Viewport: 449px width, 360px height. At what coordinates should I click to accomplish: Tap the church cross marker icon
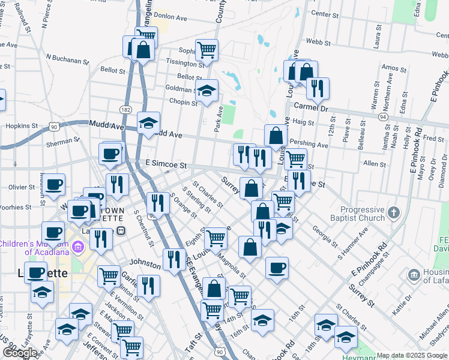click(x=393, y=212)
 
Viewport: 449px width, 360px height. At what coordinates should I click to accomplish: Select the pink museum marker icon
click(x=77, y=247)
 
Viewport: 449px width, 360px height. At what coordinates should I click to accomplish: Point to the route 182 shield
click(x=125, y=109)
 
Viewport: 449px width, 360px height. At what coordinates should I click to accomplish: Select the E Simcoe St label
click(x=166, y=164)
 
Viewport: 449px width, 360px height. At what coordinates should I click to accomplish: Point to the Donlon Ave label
click(x=170, y=17)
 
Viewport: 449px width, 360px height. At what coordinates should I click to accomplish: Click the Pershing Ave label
click(x=309, y=145)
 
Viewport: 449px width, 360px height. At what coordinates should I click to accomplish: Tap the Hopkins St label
click(x=22, y=126)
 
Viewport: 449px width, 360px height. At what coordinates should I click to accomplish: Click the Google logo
click(x=20, y=353)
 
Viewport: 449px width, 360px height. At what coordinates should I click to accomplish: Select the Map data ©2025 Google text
click(x=412, y=355)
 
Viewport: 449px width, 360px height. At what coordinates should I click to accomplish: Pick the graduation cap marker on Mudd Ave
click(x=148, y=122)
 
